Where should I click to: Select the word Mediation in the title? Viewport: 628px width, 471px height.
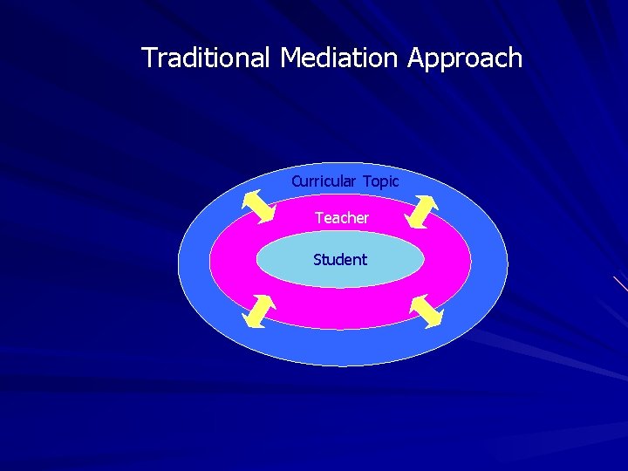point(340,58)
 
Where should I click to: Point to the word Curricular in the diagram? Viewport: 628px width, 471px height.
point(324,181)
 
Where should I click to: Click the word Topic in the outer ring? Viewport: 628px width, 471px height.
point(381,182)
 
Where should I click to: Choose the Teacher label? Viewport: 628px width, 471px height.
point(342,218)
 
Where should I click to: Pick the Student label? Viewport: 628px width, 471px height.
point(340,260)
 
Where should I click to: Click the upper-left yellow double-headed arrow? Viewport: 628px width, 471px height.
point(257,208)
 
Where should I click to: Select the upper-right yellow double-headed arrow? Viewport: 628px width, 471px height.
point(423,210)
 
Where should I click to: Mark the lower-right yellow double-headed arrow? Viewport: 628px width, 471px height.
point(427,311)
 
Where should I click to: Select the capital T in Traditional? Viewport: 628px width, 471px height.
point(148,58)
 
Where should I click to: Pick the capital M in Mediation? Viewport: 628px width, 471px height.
point(290,58)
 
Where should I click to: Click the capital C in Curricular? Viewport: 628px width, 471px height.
point(296,181)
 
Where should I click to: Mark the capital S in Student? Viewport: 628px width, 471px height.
point(317,260)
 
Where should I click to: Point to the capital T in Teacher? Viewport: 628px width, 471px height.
point(319,218)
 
